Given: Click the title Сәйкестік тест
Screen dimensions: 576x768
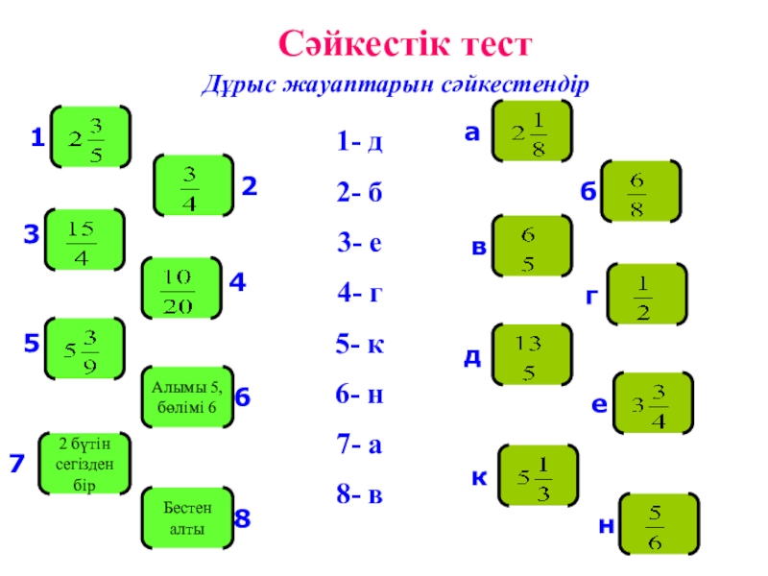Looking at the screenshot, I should click(x=404, y=44).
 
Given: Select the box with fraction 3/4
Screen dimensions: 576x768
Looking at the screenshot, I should click(x=192, y=185).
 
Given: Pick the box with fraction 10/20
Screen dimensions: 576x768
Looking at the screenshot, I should click(x=180, y=289).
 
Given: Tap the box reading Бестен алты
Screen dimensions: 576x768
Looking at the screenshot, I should click(x=186, y=518).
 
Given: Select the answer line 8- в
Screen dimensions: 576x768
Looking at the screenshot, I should click(x=360, y=495).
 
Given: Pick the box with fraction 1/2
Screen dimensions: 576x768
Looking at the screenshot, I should click(x=645, y=295).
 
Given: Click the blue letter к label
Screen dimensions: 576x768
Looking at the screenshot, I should click(x=477, y=475).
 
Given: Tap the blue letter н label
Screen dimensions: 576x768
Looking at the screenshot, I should click(x=606, y=526).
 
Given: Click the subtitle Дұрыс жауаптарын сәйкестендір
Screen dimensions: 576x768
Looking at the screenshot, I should click(x=394, y=84).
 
